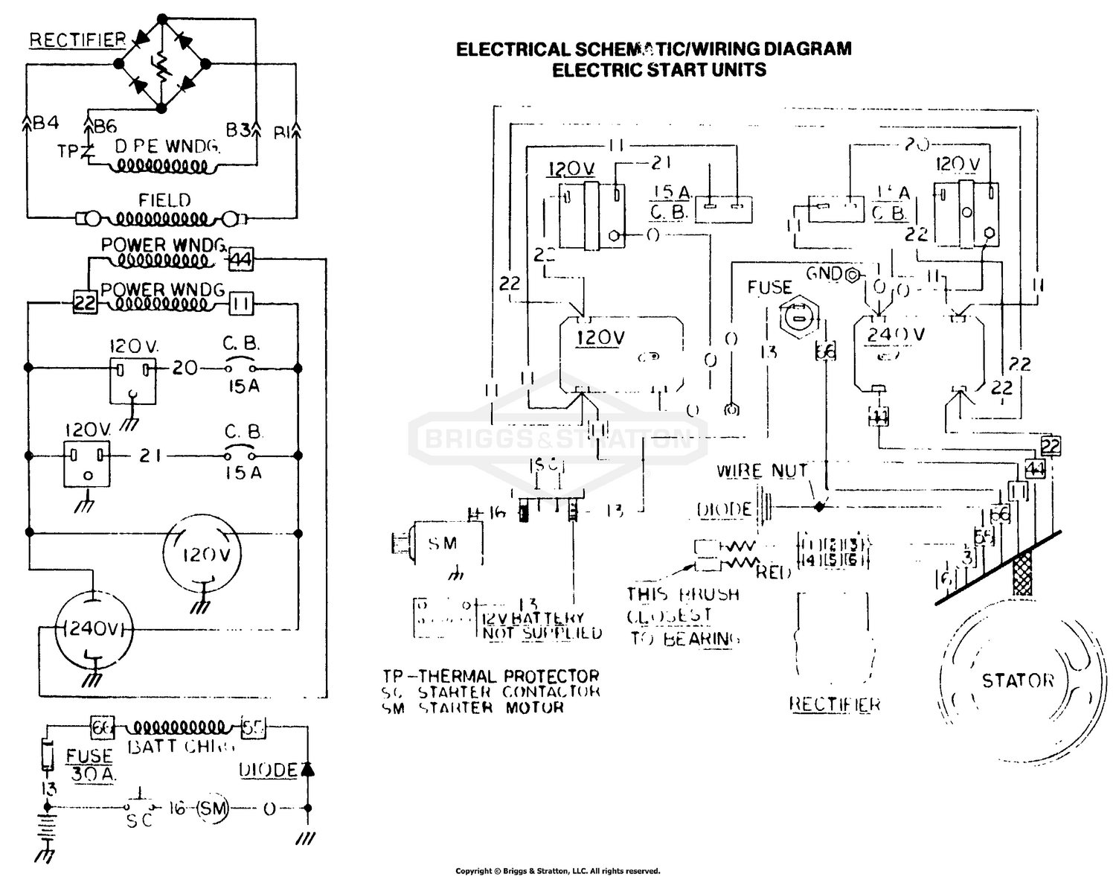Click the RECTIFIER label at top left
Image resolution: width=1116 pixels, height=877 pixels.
77,40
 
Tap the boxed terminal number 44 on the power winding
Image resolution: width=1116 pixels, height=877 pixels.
240,260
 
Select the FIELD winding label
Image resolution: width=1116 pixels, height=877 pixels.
164,200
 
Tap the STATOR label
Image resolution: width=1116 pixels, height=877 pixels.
1018,680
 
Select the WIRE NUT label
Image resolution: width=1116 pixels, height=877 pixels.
761,471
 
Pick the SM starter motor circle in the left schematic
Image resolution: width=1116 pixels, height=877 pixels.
211,809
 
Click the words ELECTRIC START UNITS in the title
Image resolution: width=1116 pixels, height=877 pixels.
658,70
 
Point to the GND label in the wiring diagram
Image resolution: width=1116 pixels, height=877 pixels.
824,273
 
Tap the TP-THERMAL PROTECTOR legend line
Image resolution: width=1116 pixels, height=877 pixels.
491,677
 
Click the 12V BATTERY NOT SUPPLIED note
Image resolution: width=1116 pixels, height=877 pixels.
542,625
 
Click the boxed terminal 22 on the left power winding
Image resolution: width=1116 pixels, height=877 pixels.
84,304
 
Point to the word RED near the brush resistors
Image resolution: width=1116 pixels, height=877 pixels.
774,573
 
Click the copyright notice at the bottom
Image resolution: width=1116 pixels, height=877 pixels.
557,870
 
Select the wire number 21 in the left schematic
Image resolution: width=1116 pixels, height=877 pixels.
150,455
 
